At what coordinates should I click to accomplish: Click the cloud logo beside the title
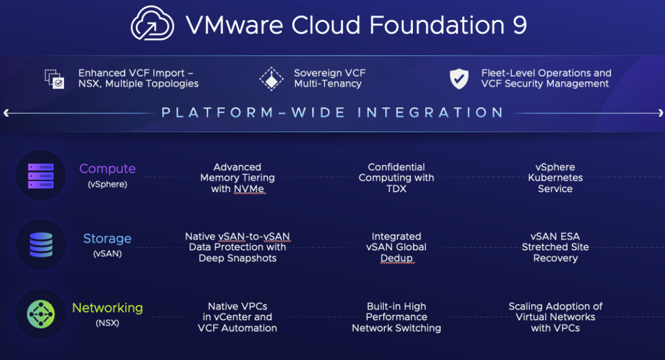[x=152, y=23]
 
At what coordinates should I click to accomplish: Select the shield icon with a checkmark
[x=459, y=78]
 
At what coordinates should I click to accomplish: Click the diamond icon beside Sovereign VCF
[x=272, y=79]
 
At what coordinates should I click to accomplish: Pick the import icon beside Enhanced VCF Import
[x=55, y=79]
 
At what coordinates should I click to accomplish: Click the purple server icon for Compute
[x=41, y=176]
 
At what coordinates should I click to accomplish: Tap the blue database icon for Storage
[x=41, y=245]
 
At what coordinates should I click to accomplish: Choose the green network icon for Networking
[x=41, y=314]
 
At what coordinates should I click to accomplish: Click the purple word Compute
[x=107, y=169]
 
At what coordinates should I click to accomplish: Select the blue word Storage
[x=107, y=239]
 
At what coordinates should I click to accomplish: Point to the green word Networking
[x=107, y=308]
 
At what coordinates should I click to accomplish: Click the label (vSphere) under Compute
[x=107, y=184]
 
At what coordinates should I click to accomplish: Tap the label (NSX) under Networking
[x=107, y=323]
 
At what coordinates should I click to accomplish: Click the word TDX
[x=396, y=189]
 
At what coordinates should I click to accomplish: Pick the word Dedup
[x=396, y=258]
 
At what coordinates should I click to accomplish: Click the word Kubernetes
[x=555, y=178]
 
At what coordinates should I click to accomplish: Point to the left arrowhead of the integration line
[x=6, y=113]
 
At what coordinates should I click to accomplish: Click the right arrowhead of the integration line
[x=660, y=113]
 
